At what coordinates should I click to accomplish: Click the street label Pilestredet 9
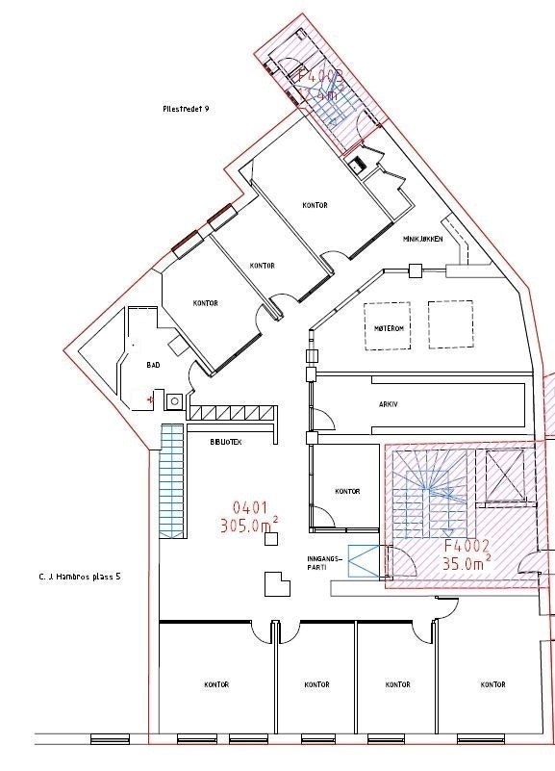tap(187, 110)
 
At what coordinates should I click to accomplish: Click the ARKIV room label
tap(389, 405)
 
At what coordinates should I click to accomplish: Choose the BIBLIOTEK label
tap(227, 442)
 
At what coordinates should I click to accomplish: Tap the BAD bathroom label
tap(153, 366)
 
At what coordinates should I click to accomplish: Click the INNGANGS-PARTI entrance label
tap(317, 563)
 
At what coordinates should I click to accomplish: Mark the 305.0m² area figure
tap(251, 526)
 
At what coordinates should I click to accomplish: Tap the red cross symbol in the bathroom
tap(150, 397)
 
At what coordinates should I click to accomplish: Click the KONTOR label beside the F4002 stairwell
tap(347, 492)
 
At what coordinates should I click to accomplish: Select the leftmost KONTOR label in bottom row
tap(216, 684)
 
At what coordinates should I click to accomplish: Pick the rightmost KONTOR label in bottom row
tap(492, 684)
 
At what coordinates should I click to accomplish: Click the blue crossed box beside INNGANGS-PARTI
tap(364, 561)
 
